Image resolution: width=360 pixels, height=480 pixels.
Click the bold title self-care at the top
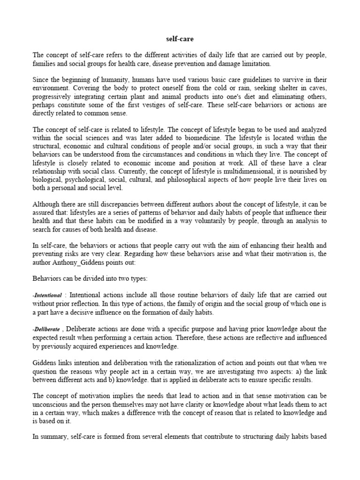[180, 40]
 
